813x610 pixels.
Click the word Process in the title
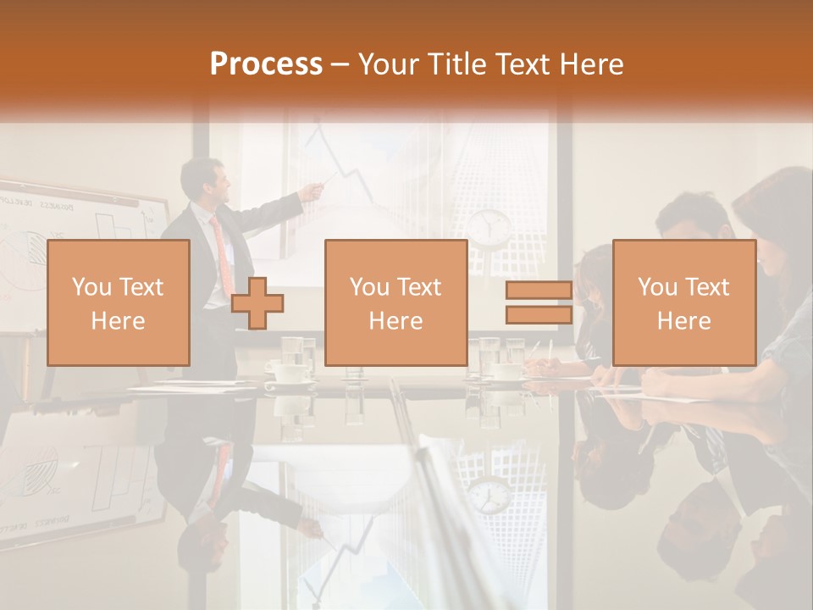click(x=266, y=64)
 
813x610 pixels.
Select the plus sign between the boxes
click(x=257, y=303)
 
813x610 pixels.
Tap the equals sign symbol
click(x=539, y=303)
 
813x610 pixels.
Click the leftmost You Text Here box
click(x=118, y=302)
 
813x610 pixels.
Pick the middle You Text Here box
click(x=395, y=302)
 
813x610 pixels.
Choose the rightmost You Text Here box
click(x=683, y=302)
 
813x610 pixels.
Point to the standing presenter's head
click(x=204, y=179)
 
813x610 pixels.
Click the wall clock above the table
click(x=489, y=225)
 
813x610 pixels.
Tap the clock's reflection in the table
click(x=489, y=496)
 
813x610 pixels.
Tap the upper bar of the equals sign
click(x=539, y=290)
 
